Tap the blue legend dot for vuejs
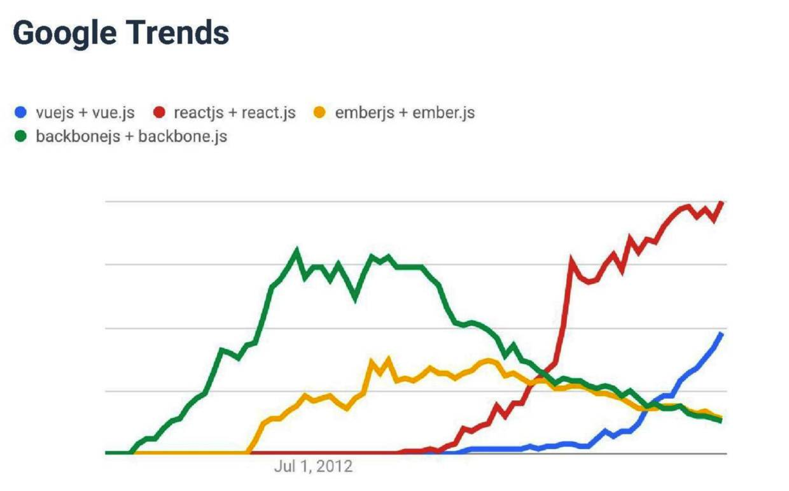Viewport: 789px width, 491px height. pyautogui.click(x=21, y=113)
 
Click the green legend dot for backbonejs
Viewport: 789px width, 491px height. pyautogui.click(x=21, y=136)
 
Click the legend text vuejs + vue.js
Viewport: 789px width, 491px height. pyautogui.click(x=85, y=113)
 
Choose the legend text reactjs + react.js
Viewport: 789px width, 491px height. pyautogui.click(x=234, y=113)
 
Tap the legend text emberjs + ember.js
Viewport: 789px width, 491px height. pyautogui.click(x=405, y=113)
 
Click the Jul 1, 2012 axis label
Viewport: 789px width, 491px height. pyautogui.click(x=313, y=467)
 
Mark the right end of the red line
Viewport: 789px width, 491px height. pyautogui.click(x=722, y=203)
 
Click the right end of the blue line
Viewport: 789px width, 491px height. pyautogui.click(x=722, y=333)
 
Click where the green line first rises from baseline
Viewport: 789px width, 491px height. pyautogui.click(x=130, y=452)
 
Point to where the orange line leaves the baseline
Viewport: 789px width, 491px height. pyautogui.click(x=248, y=452)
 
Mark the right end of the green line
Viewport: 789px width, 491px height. pyautogui.click(x=722, y=421)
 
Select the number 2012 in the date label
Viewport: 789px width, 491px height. pyautogui.click(x=334, y=467)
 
